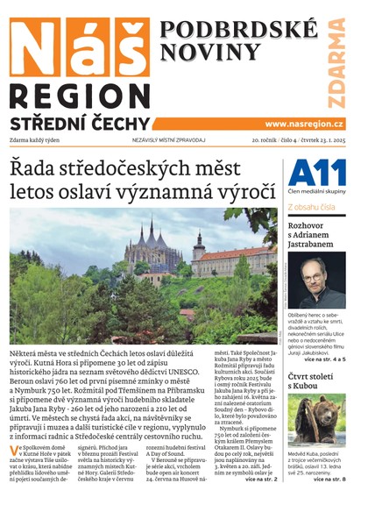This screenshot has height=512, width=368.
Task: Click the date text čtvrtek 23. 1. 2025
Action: click(323, 140)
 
